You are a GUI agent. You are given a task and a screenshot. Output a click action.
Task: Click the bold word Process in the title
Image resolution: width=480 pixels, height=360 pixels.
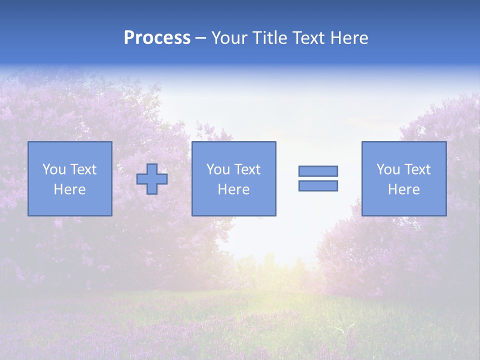click(x=157, y=38)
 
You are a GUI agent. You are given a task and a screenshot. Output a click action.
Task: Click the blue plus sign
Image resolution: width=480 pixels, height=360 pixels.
click(x=152, y=179)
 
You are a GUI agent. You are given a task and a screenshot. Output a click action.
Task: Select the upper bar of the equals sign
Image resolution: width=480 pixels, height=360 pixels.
click(x=318, y=171)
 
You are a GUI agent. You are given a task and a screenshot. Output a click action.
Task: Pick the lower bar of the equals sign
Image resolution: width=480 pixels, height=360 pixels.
click(x=318, y=185)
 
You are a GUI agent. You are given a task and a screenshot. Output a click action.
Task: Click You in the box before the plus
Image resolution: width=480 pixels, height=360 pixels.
click(x=53, y=169)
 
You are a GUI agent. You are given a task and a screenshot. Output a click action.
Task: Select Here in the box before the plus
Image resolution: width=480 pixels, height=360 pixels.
click(x=69, y=189)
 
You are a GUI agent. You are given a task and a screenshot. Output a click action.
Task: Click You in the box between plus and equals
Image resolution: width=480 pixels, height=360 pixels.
click(x=217, y=169)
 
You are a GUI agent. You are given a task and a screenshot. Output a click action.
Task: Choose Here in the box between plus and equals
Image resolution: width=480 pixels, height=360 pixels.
click(x=233, y=189)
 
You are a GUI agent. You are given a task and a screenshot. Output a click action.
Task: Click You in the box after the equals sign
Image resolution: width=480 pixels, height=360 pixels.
click(x=387, y=169)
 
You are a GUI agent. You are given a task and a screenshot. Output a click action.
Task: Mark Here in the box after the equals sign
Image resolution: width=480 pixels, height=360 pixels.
click(x=403, y=189)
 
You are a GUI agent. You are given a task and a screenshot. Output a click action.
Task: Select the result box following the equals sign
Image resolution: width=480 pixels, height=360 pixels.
click(x=404, y=205)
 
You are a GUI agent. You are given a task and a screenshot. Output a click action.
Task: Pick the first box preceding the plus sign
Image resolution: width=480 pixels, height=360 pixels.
click(x=70, y=205)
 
